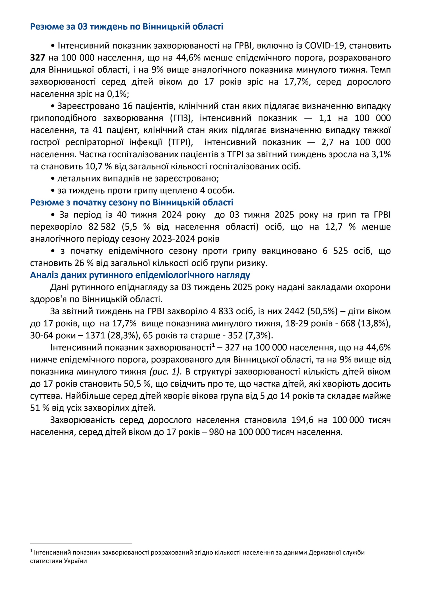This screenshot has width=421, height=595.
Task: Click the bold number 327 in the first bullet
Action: (37, 58)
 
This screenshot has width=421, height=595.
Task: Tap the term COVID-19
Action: (324, 46)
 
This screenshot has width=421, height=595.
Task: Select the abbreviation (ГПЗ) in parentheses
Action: (181, 118)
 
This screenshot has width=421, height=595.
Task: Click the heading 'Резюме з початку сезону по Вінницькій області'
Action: (132, 202)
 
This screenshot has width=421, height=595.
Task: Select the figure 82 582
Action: (102, 226)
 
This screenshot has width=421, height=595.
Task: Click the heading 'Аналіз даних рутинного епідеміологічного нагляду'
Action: (140, 275)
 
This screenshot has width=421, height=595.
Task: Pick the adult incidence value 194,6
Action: (302, 420)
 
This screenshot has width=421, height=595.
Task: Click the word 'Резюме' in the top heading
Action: (47, 27)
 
